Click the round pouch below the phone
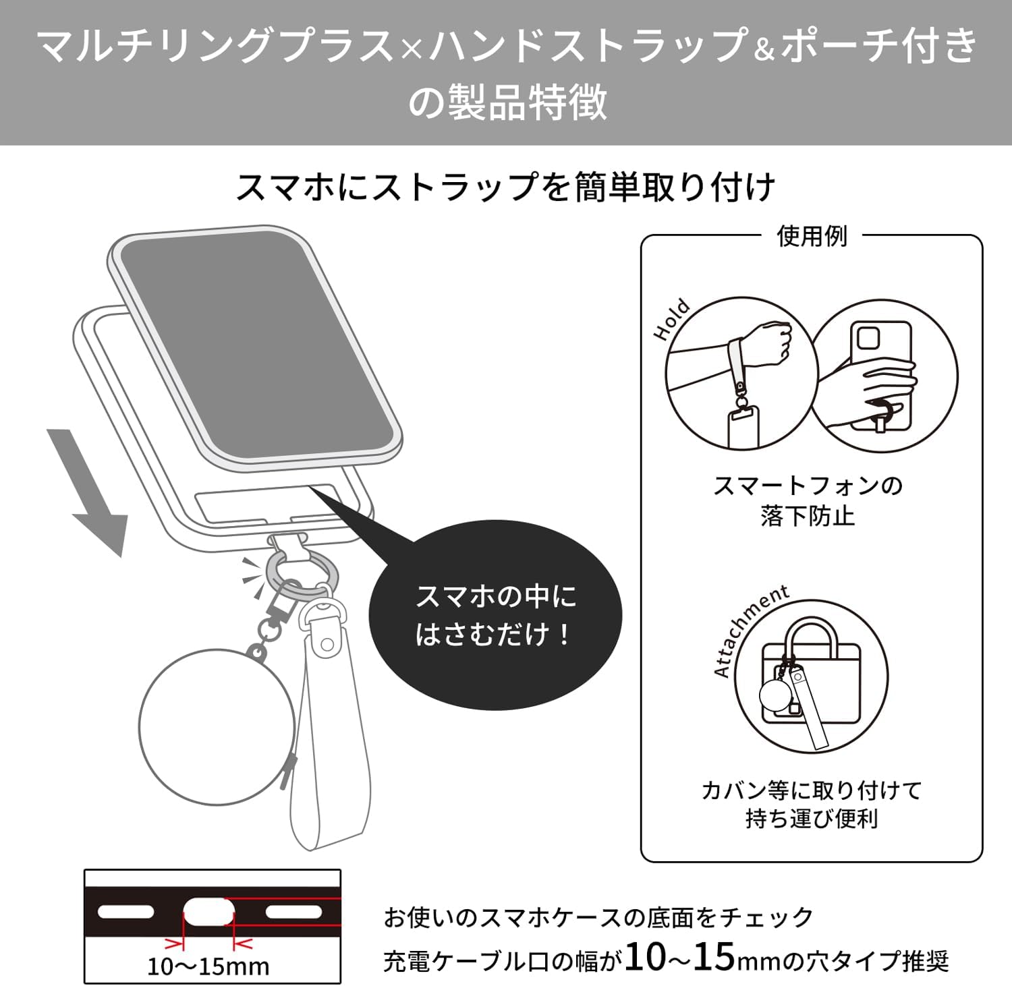click(x=216, y=727)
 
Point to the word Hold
click(x=672, y=319)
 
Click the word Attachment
click(x=749, y=629)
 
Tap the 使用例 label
click(x=812, y=237)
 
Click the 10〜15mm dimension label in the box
click(x=208, y=966)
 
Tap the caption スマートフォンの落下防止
click(x=808, y=500)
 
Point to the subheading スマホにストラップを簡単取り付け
click(x=506, y=187)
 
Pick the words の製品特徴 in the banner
click(x=507, y=103)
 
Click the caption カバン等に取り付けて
click(x=811, y=790)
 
